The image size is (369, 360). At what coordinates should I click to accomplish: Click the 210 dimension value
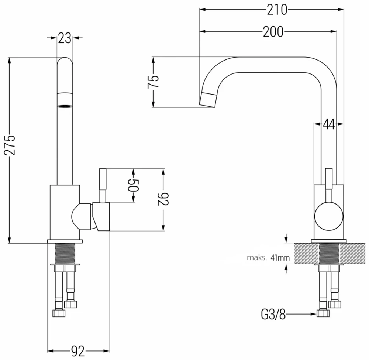pos(277,10)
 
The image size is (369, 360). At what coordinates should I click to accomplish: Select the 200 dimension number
pos(273,31)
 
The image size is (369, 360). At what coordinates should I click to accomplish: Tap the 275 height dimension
pos(10,145)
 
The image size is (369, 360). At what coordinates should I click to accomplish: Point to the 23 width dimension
pos(65,38)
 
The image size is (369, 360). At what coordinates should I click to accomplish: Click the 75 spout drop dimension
pos(153,82)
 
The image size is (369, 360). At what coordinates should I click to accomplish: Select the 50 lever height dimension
pos(134,185)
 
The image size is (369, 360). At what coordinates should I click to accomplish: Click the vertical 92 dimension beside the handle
pos(163,199)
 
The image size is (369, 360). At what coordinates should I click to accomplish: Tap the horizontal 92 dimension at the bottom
pos(78,351)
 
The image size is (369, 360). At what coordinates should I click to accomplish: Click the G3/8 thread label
pos(273,314)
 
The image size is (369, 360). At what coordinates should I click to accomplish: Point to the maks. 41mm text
pos(268,258)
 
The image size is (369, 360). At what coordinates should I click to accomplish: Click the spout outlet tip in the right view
pos(207,100)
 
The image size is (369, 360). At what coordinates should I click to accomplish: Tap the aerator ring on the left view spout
pos(65,106)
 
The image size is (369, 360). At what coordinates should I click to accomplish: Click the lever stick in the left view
pos(103,185)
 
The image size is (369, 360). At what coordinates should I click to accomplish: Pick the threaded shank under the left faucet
pos(65,254)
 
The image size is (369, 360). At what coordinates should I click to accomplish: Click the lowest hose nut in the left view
pos(58,313)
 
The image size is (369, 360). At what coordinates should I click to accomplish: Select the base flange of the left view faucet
pos(65,241)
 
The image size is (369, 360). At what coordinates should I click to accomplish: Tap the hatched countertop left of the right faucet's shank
pos(306,254)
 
